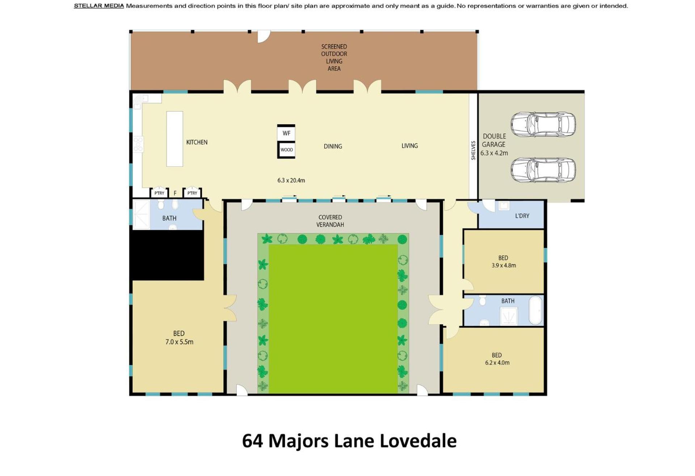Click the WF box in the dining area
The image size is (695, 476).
point(286,132)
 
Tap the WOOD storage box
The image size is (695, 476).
point(286,149)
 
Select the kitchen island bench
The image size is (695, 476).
point(174,139)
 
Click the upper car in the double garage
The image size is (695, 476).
point(543,125)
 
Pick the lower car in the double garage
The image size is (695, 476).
point(543,170)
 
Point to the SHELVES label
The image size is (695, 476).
point(473,150)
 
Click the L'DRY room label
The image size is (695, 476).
point(522,216)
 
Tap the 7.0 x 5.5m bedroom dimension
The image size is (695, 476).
point(179,342)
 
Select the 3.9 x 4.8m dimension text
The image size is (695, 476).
point(504,265)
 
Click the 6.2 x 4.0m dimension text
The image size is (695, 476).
point(497,363)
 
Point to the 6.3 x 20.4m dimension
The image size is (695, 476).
point(291,180)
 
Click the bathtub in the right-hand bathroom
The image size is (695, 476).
point(536,310)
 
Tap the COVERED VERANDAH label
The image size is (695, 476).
point(330,221)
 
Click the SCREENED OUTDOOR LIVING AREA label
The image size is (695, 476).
point(334,58)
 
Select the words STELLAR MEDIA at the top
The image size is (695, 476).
point(99,6)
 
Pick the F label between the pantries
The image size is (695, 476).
point(175,193)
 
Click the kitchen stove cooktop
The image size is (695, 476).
point(138,144)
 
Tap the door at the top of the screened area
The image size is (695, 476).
point(264,36)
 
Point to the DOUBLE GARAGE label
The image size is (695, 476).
point(494,140)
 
